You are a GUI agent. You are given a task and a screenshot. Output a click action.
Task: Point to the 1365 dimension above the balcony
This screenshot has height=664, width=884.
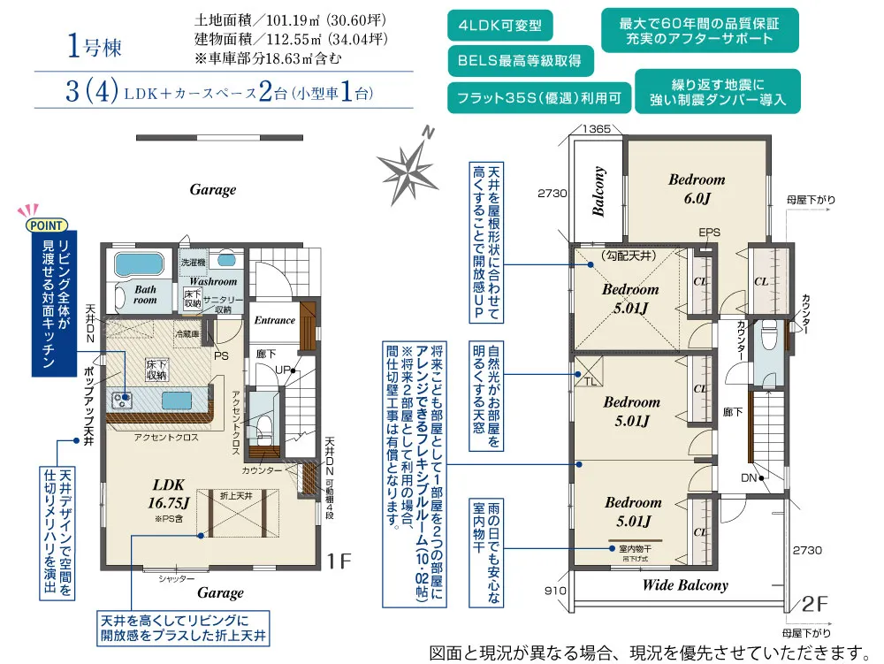[x=598, y=129]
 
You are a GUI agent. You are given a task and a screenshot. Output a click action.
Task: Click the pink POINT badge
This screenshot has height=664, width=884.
[x=44, y=225]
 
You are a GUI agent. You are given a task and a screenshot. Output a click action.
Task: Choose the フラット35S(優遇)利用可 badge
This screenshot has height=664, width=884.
[x=539, y=97]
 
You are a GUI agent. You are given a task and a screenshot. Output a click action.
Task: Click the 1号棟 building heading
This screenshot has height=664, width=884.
[x=94, y=47]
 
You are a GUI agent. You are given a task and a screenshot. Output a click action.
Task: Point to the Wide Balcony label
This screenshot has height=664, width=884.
[x=685, y=585]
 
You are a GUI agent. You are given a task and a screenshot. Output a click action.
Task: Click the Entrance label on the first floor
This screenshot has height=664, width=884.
[x=274, y=320]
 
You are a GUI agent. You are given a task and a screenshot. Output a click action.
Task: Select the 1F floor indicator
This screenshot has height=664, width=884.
[x=340, y=561]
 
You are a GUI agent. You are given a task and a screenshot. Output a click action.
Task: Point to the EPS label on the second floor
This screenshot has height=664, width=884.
[x=709, y=233]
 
